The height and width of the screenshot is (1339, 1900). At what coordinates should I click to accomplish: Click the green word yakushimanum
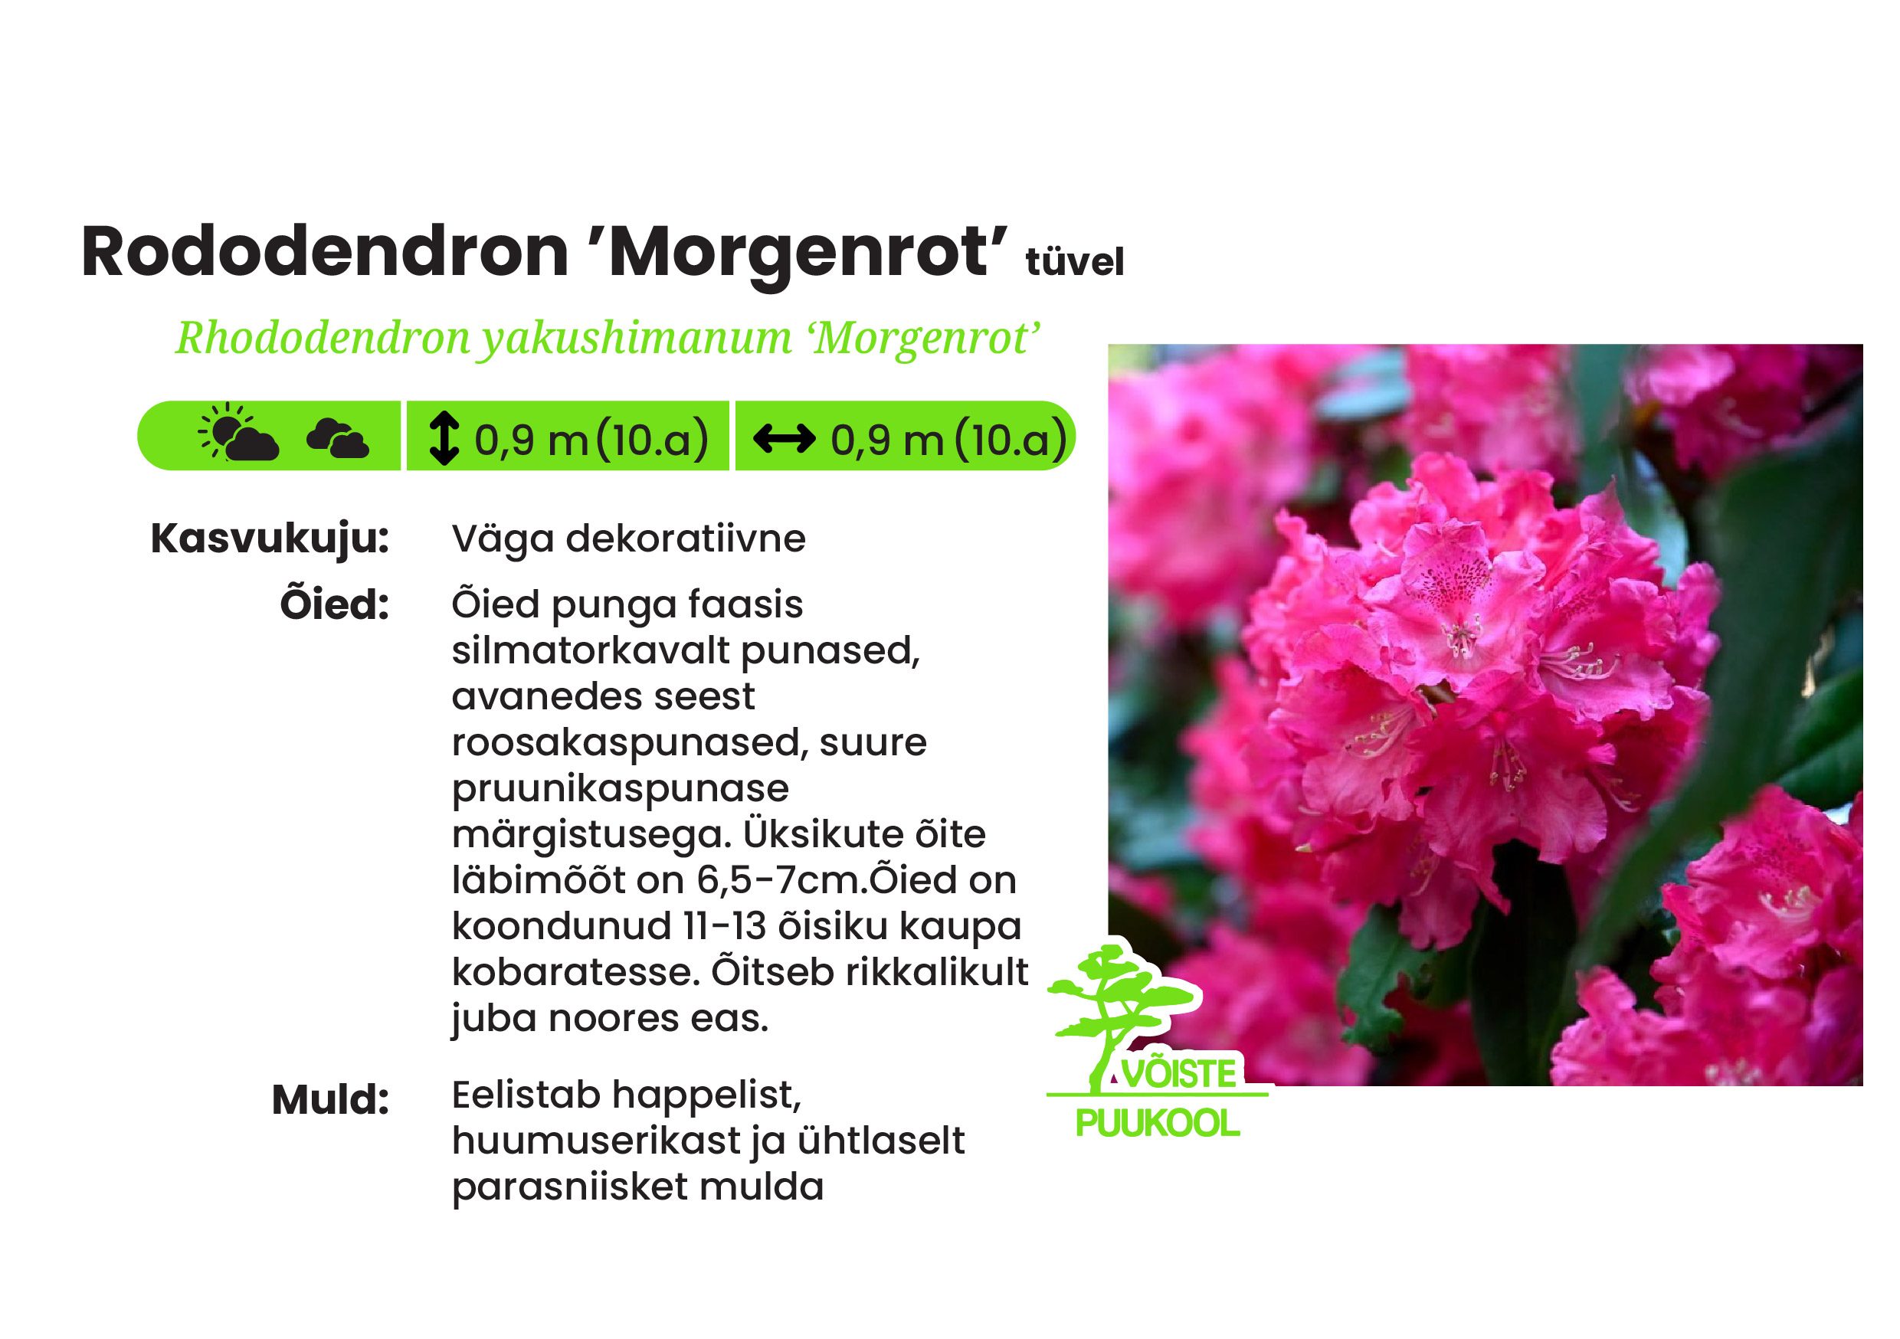[638, 339]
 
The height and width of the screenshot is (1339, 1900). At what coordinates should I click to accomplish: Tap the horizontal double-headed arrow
[785, 438]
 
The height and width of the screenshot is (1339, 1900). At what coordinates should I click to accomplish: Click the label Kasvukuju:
[270, 540]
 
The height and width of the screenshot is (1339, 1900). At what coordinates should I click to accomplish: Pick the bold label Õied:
[334, 604]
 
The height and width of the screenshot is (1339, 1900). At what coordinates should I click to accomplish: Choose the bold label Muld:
[330, 1100]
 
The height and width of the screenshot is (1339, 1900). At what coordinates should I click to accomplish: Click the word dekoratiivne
[686, 539]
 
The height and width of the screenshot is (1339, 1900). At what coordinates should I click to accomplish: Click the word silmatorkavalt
[590, 650]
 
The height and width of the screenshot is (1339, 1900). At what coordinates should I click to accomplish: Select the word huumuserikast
[597, 1141]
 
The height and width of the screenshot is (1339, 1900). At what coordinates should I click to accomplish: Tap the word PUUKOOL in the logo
[1158, 1124]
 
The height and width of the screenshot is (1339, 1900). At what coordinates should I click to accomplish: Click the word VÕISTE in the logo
[1179, 1073]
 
